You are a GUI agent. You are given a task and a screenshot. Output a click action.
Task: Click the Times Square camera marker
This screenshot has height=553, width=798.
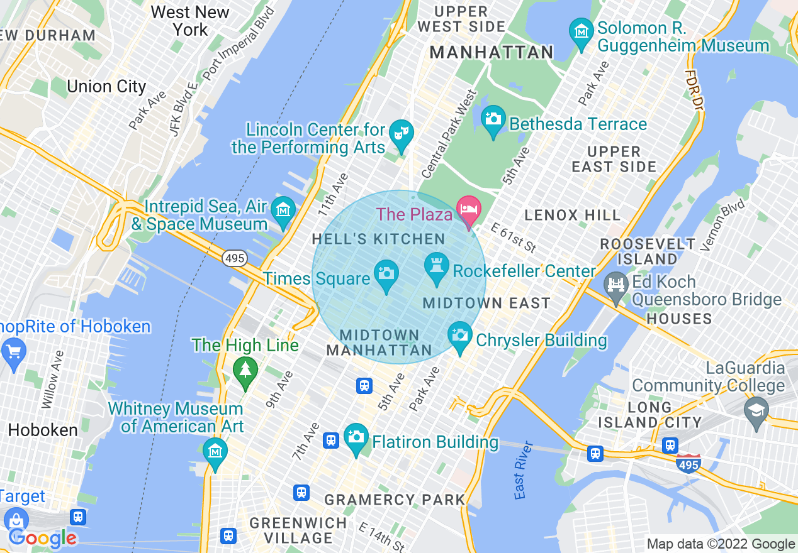(x=386, y=274)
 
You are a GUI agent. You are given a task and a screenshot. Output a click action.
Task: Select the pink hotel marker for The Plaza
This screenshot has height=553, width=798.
(x=469, y=210)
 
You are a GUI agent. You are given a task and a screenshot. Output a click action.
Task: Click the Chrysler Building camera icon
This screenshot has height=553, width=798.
(x=461, y=336)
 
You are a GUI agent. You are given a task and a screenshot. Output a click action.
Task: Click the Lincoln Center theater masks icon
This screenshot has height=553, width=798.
(x=401, y=133)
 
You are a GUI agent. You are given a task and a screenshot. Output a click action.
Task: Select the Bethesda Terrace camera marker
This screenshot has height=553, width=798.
(x=493, y=119)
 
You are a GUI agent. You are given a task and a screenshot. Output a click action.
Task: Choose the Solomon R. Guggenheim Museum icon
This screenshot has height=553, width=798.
(x=582, y=31)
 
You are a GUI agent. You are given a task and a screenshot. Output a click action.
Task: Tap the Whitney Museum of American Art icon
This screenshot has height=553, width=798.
(x=215, y=451)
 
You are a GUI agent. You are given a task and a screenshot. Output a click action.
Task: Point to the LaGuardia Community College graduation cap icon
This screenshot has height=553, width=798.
(x=756, y=410)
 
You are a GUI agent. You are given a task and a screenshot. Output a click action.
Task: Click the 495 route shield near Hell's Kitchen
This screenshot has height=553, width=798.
(x=234, y=258)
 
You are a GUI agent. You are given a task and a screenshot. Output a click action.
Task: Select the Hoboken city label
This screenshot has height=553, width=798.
(x=43, y=430)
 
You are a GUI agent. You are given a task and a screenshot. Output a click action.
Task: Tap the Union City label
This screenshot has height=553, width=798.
(x=106, y=86)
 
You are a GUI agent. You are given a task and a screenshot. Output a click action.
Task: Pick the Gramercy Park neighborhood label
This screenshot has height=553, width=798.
(x=395, y=500)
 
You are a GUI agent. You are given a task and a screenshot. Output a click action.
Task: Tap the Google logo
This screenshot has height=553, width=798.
(x=43, y=538)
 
